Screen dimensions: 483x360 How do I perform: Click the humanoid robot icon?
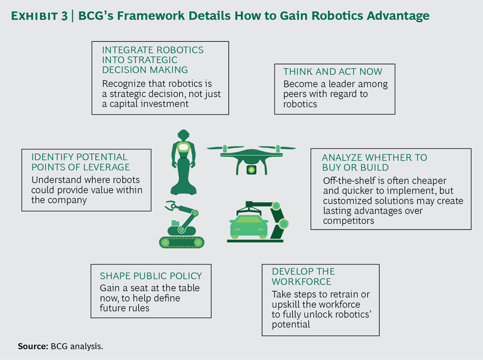[184, 162]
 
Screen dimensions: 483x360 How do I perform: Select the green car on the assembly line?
[249, 226]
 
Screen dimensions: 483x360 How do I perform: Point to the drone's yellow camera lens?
[251, 170]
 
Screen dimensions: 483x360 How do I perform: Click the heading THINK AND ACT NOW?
[332, 72]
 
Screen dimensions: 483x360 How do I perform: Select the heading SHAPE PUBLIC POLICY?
[151, 276]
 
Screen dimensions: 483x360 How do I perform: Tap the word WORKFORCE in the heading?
[302, 282]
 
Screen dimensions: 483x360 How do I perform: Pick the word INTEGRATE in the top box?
[126, 50]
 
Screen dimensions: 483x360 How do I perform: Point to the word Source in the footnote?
[32, 346]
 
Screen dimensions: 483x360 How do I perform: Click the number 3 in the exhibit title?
[64, 16]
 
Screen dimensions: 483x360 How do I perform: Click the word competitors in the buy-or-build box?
[348, 221]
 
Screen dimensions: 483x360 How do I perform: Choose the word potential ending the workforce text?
[291, 325]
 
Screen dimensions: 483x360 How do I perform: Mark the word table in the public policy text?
[188, 288]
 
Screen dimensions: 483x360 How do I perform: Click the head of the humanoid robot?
[184, 135]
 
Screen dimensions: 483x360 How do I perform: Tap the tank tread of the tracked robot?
[182, 242]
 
